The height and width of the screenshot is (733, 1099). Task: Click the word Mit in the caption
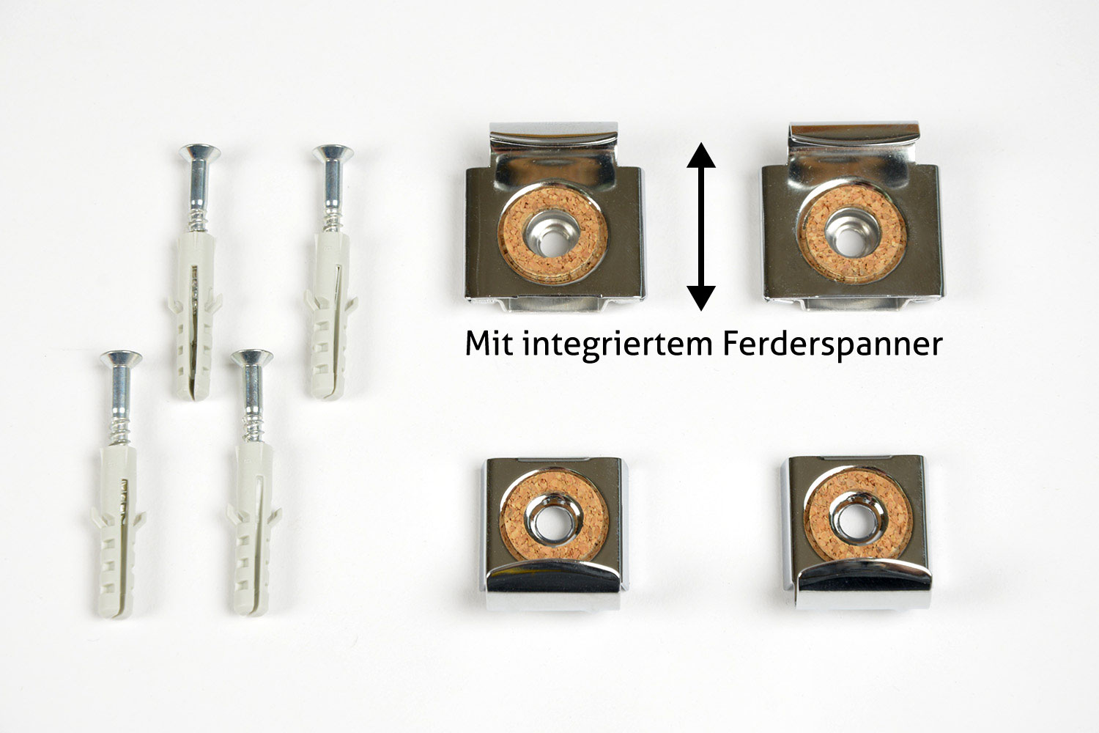tap(489, 344)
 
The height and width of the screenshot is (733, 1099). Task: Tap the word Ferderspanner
tap(832, 346)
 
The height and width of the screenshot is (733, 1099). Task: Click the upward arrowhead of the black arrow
tap(701, 155)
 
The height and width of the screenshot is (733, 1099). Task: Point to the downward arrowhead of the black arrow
tap(701, 298)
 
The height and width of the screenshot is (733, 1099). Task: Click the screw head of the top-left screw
tap(199, 152)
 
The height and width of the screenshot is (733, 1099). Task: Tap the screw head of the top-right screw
tap(333, 153)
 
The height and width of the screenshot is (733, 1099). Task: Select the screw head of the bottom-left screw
tap(121, 359)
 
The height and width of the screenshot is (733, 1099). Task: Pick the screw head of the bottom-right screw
tap(252, 358)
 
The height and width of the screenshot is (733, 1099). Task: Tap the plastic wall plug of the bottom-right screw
tap(254, 529)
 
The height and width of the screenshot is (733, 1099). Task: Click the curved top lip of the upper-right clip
tap(854, 133)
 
